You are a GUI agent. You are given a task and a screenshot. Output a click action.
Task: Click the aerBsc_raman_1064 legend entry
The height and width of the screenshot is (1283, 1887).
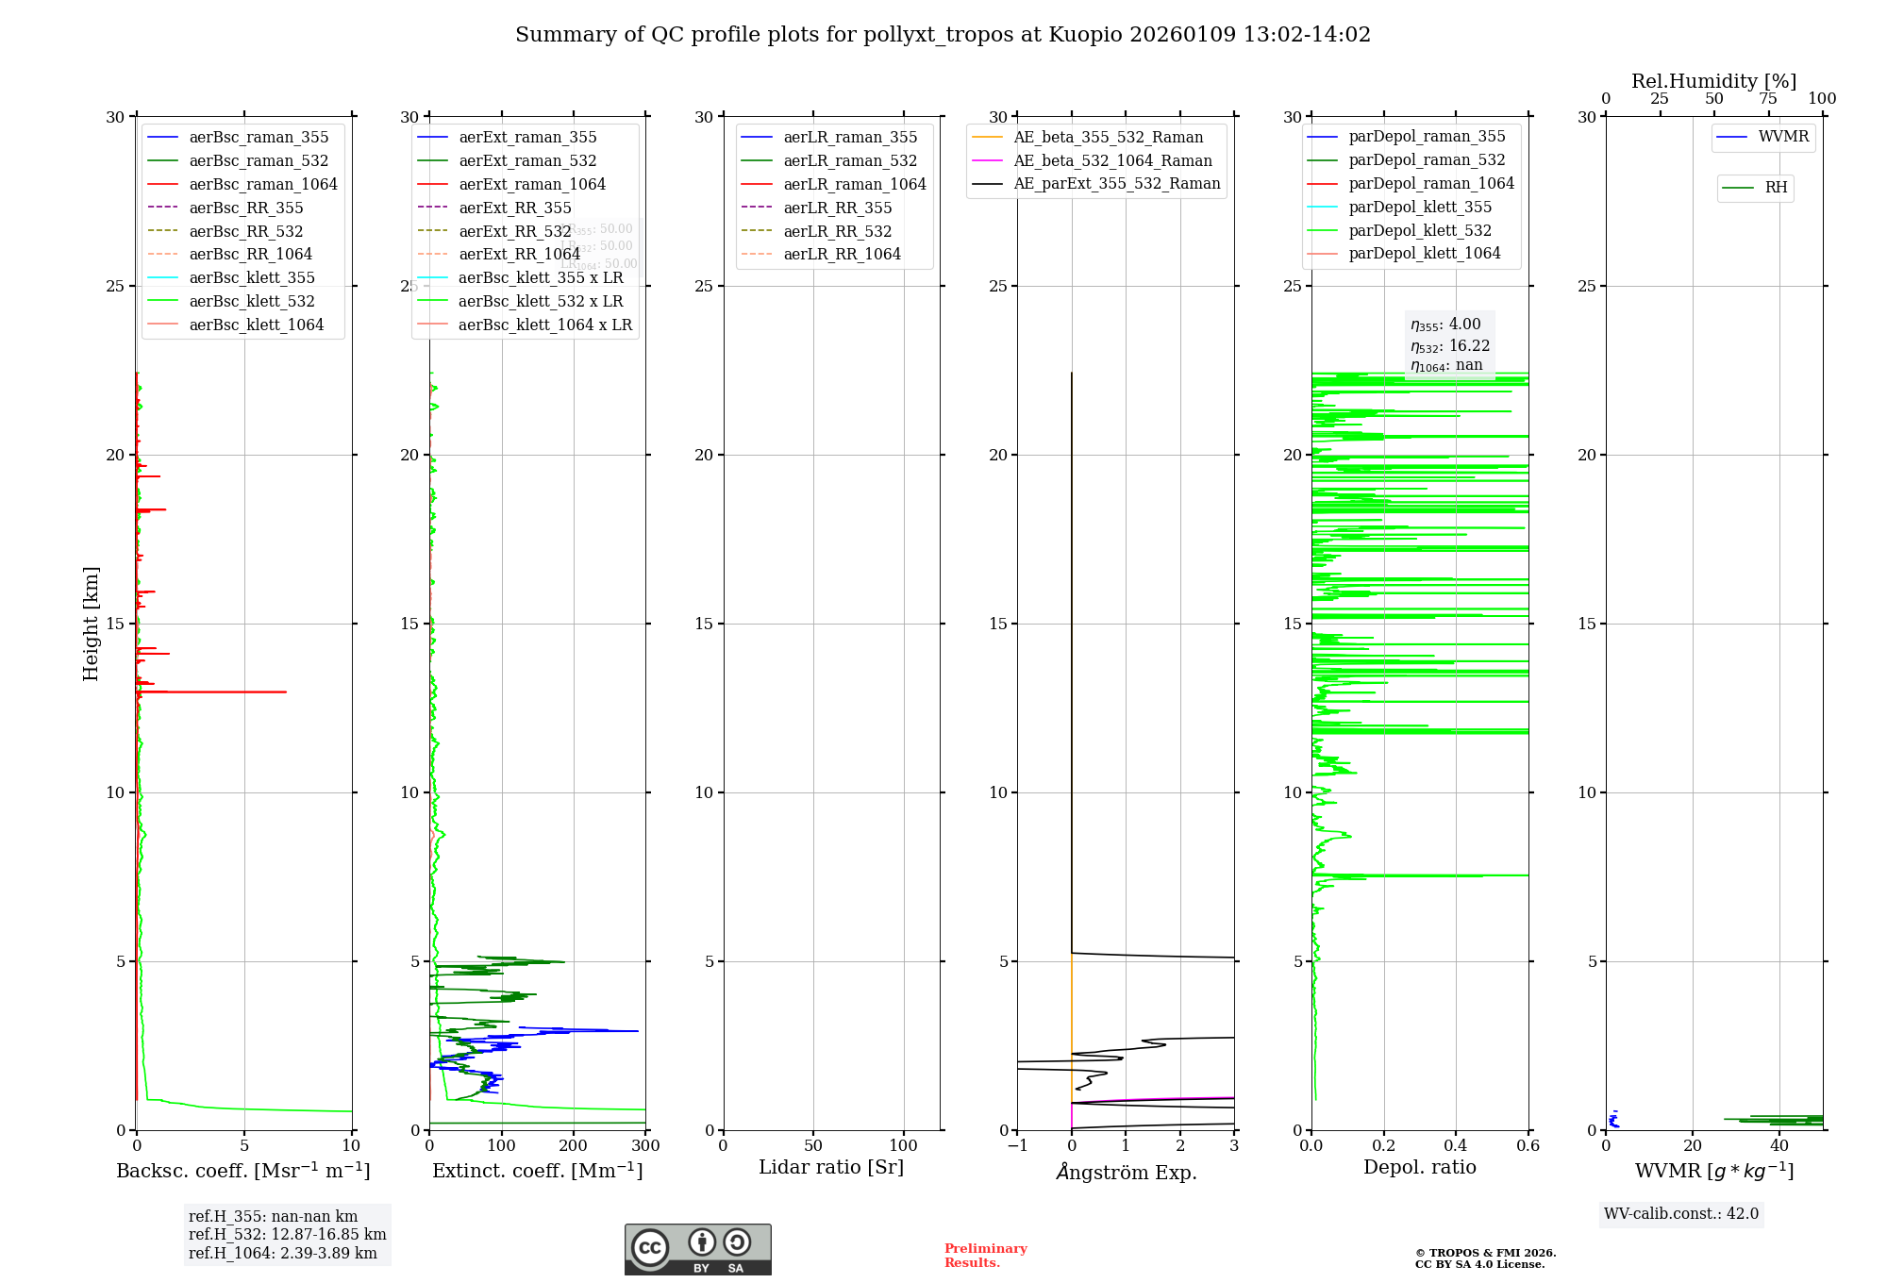(262, 185)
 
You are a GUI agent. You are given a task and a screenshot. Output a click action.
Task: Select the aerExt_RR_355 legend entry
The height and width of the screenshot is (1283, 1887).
(514, 208)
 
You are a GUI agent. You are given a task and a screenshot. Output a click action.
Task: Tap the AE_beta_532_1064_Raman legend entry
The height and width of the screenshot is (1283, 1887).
(1111, 161)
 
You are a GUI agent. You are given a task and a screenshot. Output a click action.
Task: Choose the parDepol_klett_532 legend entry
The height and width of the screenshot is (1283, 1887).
(1419, 231)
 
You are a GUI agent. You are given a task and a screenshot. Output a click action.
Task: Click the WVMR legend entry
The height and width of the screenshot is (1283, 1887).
(1782, 138)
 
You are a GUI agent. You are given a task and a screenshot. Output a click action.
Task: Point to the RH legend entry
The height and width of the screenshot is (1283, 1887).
(1775, 188)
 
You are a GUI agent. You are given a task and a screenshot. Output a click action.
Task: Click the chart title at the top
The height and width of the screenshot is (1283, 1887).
(943, 35)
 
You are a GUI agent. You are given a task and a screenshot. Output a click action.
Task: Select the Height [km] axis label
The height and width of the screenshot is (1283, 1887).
(91, 624)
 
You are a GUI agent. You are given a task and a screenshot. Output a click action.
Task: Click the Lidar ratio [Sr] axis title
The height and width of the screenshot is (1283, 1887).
(831, 1168)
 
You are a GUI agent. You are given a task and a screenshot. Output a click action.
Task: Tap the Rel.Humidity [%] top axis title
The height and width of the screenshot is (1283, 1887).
(1713, 81)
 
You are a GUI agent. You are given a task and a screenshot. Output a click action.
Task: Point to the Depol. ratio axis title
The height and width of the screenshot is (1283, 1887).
(1419, 1168)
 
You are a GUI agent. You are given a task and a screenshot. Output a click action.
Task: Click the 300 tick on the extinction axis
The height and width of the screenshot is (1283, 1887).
(645, 1146)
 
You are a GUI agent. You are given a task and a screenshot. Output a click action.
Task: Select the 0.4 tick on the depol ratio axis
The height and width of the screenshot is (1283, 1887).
(1456, 1146)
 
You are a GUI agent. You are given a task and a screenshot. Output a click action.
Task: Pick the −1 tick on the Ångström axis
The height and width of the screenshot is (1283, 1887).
(1017, 1146)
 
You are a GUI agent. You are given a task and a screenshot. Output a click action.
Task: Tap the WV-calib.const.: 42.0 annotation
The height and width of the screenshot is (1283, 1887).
(1680, 1214)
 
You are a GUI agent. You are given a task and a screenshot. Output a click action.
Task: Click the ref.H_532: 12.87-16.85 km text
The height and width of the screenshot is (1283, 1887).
(287, 1235)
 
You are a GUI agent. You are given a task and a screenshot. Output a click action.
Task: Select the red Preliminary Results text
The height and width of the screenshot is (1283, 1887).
(985, 1256)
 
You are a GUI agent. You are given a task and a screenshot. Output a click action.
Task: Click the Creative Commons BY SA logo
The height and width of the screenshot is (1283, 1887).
(697, 1250)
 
